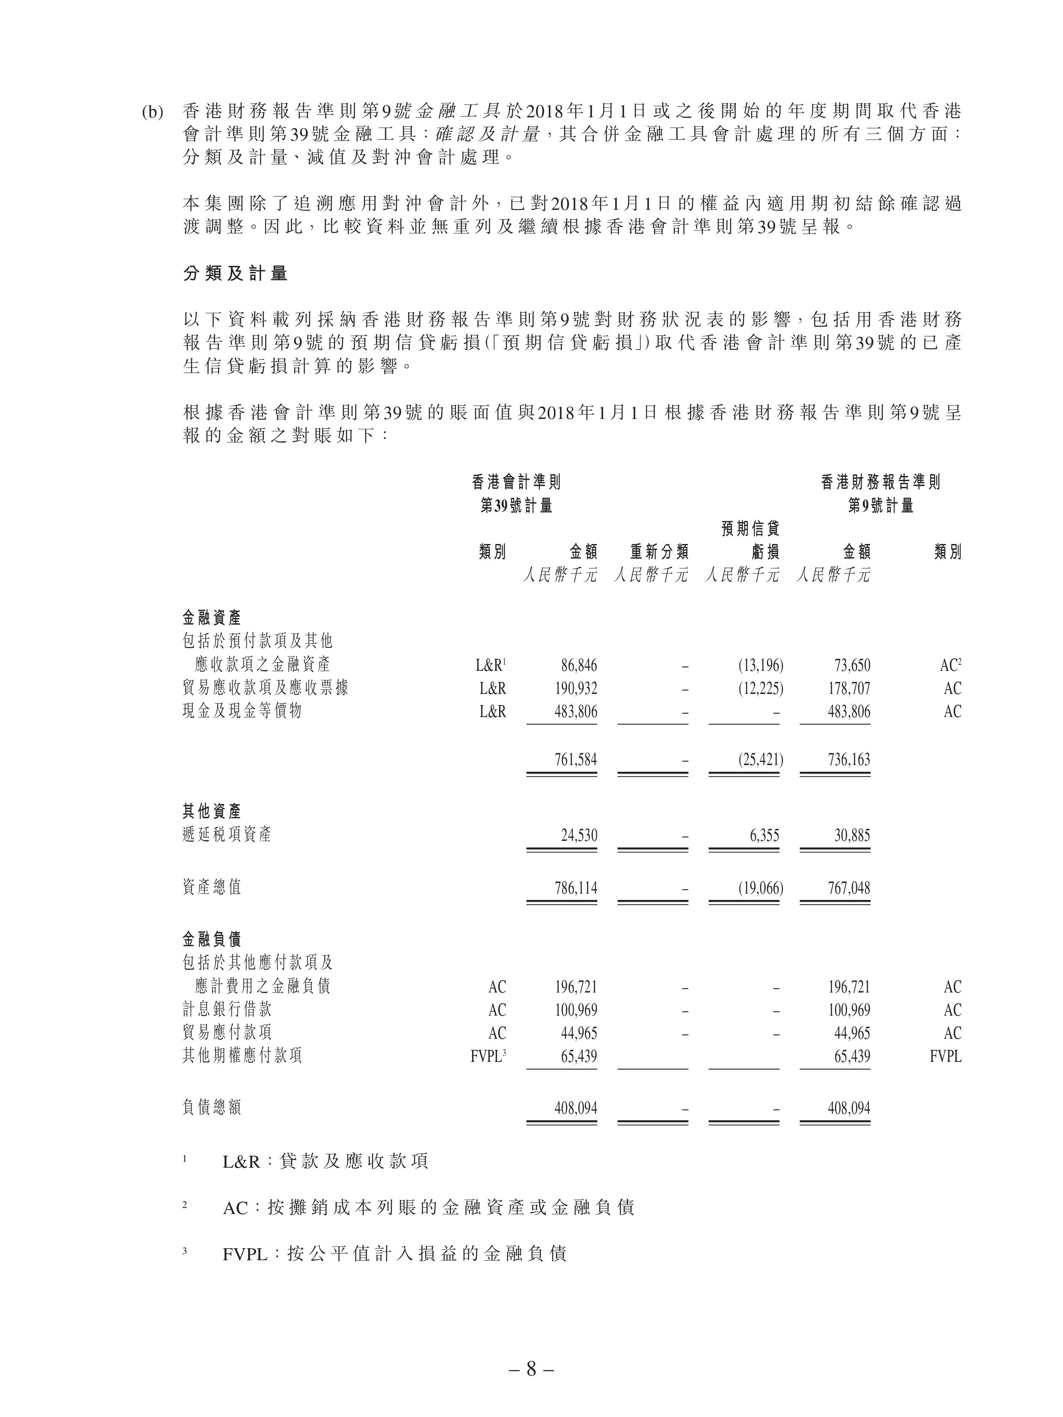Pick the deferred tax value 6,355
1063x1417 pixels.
(764, 835)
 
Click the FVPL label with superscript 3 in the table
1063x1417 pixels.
(488, 1056)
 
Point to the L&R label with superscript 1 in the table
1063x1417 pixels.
(491, 666)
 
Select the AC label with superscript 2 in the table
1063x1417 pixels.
(951, 666)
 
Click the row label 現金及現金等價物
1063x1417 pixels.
(242, 711)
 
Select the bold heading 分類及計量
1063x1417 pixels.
(235, 274)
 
